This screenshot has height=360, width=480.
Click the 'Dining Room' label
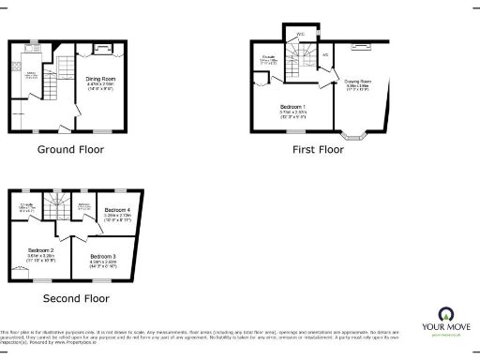100,80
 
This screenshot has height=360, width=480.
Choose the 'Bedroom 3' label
103,256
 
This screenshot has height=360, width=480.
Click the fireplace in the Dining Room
102,46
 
